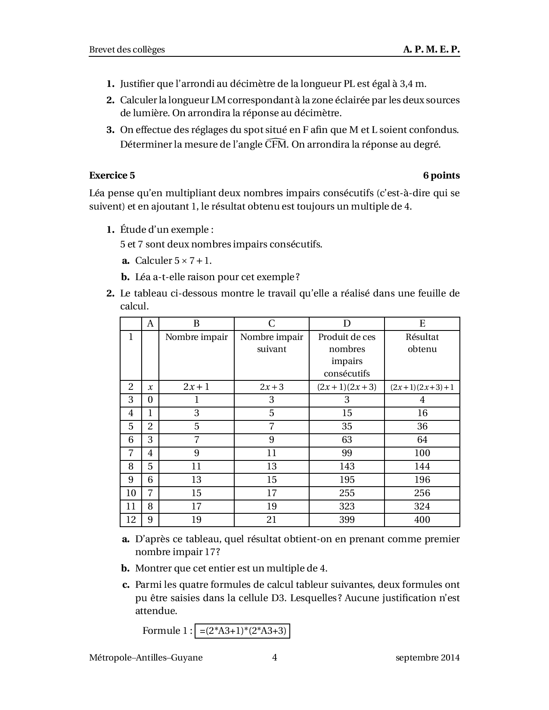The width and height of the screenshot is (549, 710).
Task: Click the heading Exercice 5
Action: [x=112, y=176]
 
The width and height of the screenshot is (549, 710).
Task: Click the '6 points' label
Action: [x=441, y=176]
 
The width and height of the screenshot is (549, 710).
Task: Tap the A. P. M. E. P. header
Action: [x=431, y=49]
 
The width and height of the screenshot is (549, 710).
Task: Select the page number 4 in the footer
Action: [x=274, y=658]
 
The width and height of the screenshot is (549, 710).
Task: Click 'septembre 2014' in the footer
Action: [x=428, y=658]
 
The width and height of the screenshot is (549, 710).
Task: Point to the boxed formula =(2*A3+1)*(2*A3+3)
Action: [x=242, y=631]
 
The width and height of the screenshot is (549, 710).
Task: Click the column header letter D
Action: [x=347, y=324]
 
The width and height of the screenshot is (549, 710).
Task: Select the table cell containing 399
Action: [x=347, y=520]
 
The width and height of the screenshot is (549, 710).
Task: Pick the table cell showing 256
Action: [x=422, y=493]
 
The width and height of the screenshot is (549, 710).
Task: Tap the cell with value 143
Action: [x=347, y=466]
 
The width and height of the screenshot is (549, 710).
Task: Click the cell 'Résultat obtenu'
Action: [x=422, y=343]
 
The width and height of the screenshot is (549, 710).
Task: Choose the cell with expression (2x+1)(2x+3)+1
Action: [x=422, y=387]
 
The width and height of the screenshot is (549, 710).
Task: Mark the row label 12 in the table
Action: [x=131, y=520]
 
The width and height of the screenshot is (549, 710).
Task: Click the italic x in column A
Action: [x=150, y=387]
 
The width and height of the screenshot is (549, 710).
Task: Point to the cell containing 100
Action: [x=422, y=453]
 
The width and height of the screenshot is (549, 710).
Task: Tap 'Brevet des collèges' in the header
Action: [x=127, y=49]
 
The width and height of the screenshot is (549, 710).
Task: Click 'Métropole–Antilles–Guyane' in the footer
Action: [x=146, y=658]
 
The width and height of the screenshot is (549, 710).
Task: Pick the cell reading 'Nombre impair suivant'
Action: [x=271, y=343]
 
